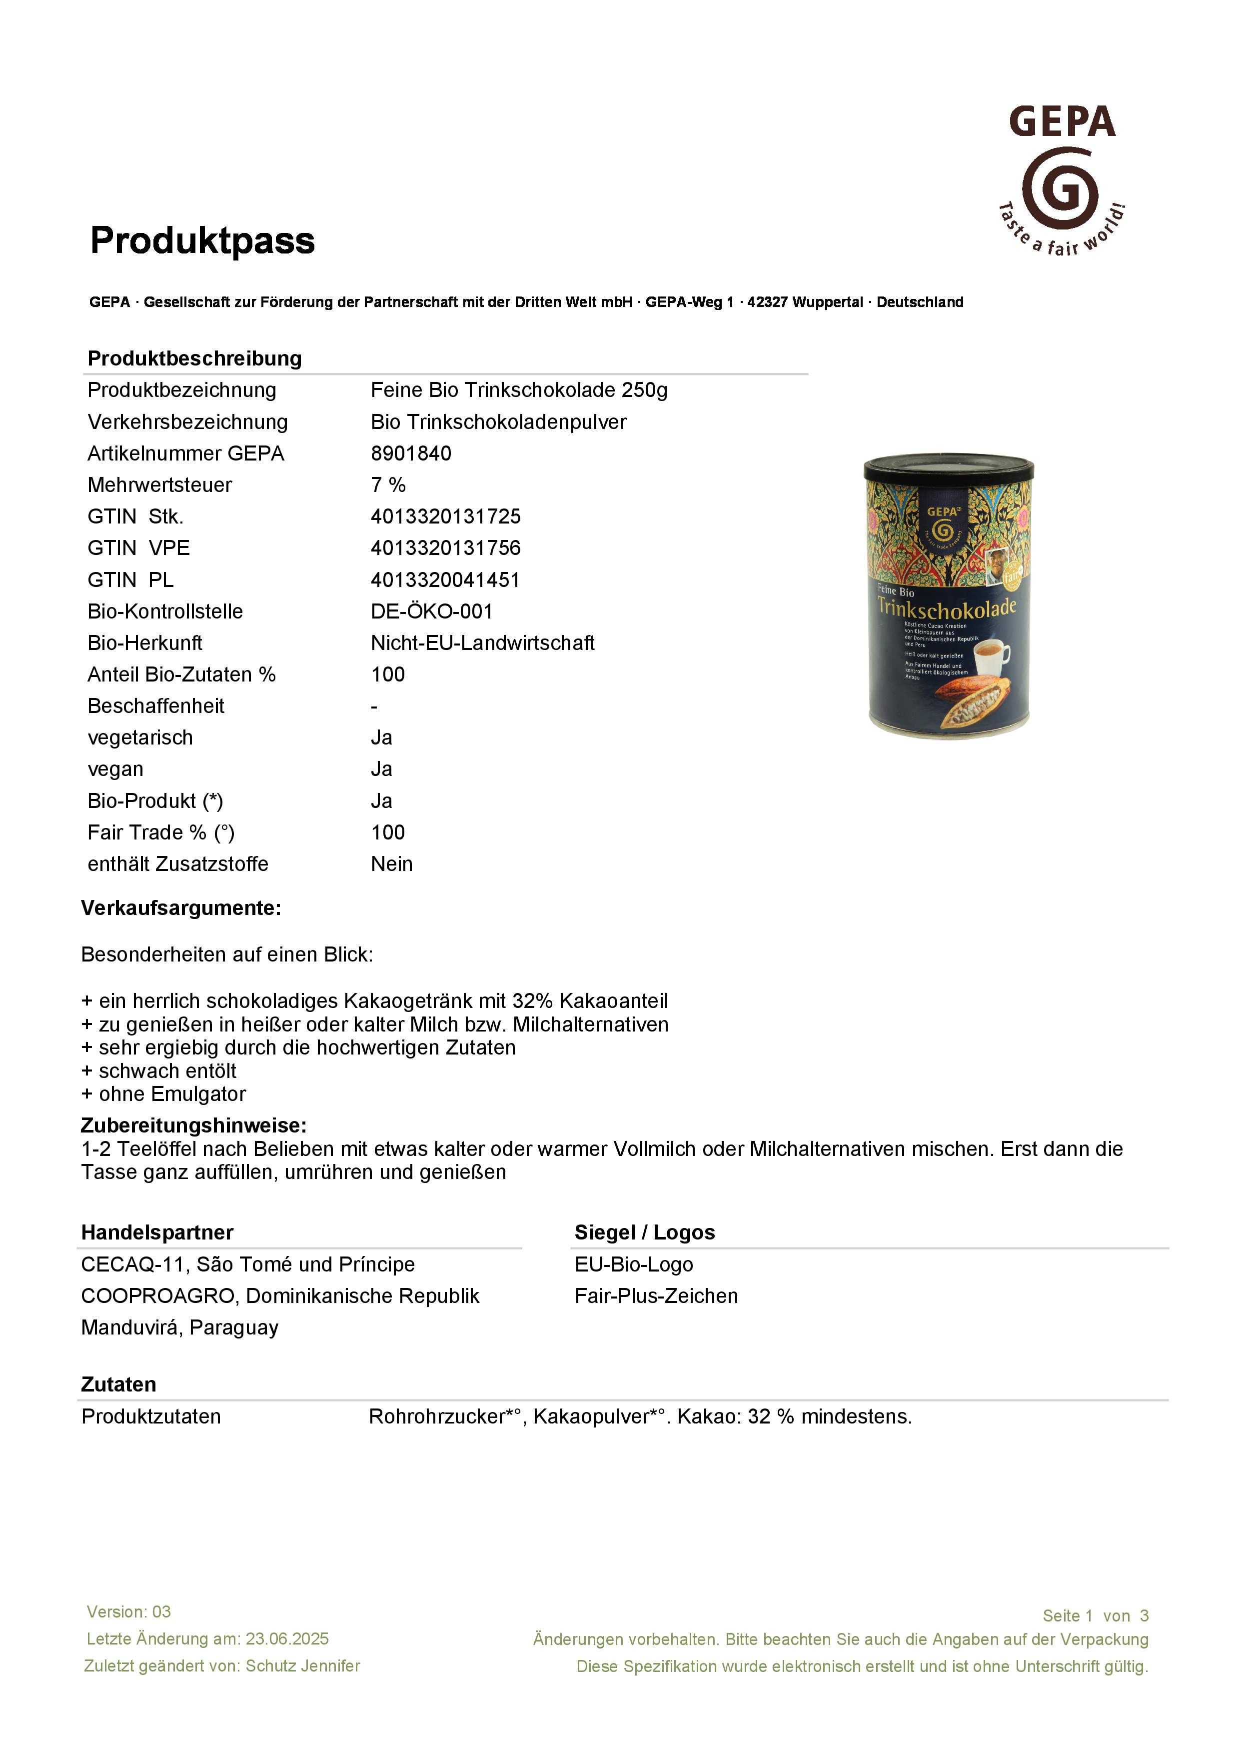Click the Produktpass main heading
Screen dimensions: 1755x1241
(202, 241)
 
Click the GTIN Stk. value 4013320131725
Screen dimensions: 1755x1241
(445, 516)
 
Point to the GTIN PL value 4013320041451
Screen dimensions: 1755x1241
(445, 580)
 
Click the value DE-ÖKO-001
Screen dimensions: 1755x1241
(432, 611)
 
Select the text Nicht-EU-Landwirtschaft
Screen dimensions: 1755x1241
(482, 643)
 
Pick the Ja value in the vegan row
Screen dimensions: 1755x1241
(381, 769)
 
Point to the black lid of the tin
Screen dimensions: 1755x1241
(948, 466)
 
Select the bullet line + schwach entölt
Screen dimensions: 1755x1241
(159, 1071)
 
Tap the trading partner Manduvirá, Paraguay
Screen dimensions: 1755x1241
(179, 1327)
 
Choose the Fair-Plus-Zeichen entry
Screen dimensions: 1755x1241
(656, 1296)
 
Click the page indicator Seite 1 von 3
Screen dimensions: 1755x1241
(1095, 1616)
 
